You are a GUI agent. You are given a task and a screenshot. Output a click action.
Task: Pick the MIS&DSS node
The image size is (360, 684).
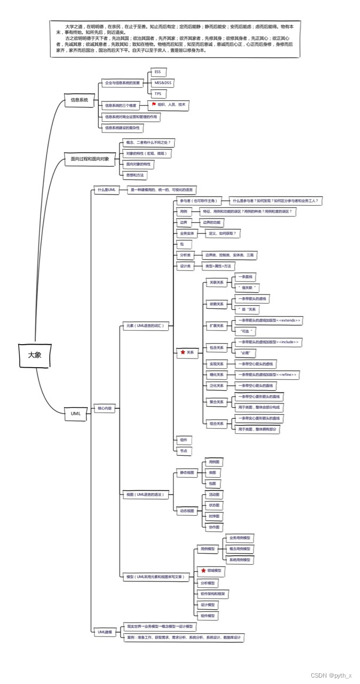pos(162,83)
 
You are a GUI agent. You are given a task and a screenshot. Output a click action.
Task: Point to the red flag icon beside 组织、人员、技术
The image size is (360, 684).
pos(153,105)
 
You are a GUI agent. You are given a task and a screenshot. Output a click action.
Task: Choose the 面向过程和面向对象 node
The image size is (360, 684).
pos(89,159)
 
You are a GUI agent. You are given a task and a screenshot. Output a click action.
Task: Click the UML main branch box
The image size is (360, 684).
pos(76,413)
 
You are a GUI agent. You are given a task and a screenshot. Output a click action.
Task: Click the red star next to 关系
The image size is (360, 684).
pos(183,352)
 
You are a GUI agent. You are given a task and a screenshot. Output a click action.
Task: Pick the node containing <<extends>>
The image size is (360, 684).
pos(269,320)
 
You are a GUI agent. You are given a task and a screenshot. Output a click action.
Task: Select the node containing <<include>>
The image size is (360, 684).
pos(269,341)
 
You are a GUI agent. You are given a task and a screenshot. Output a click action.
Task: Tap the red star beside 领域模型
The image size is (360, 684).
pos(203,571)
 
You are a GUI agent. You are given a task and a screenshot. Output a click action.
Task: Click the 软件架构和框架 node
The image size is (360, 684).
pos(213,594)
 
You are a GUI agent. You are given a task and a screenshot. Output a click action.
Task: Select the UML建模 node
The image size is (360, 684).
pos(105,632)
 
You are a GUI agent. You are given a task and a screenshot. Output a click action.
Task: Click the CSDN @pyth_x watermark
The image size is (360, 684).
pos(331,675)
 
